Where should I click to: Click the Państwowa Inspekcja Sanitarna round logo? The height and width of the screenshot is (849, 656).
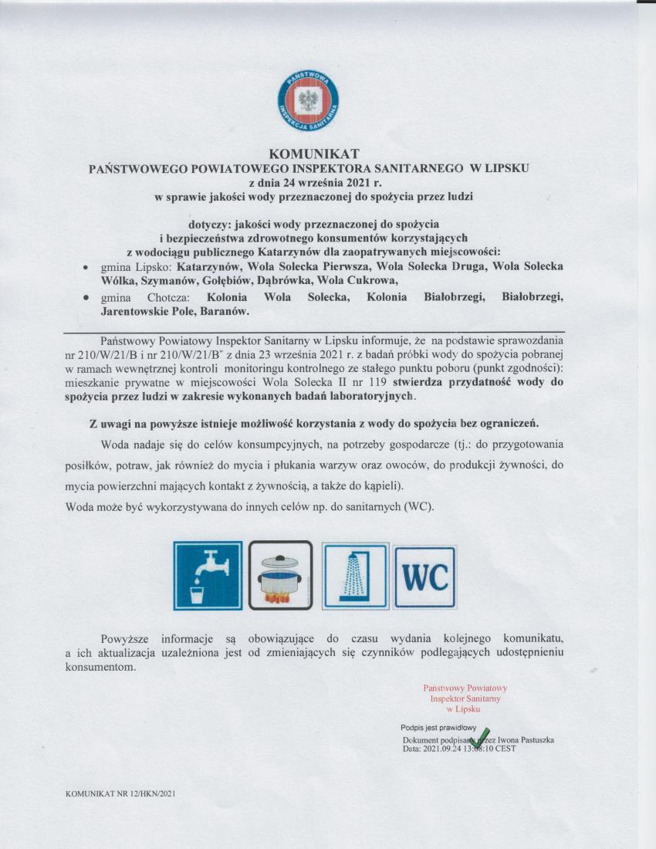coord(309,102)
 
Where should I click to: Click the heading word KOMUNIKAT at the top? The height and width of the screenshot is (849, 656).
coord(309,153)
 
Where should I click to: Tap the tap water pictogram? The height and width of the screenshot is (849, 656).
coord(208,576)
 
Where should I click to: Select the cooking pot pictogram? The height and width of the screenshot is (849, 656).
coord(280,576)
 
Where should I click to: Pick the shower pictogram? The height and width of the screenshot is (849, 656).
coord(356,576)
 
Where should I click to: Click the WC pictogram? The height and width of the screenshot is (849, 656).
coord(424,577)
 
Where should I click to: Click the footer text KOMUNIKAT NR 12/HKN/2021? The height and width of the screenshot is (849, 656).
coord(122,793)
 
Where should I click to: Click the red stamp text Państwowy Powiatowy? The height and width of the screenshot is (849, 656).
coord(465,688)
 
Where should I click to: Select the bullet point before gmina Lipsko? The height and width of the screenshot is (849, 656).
coord(85,267)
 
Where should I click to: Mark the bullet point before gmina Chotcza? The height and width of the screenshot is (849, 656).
coord(85,297)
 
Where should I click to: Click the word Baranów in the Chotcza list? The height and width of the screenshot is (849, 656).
coord(225,312)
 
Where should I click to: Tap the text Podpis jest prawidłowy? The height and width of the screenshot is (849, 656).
coord(437,728)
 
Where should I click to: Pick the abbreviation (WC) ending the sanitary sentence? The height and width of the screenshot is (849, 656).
coord(418,506)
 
